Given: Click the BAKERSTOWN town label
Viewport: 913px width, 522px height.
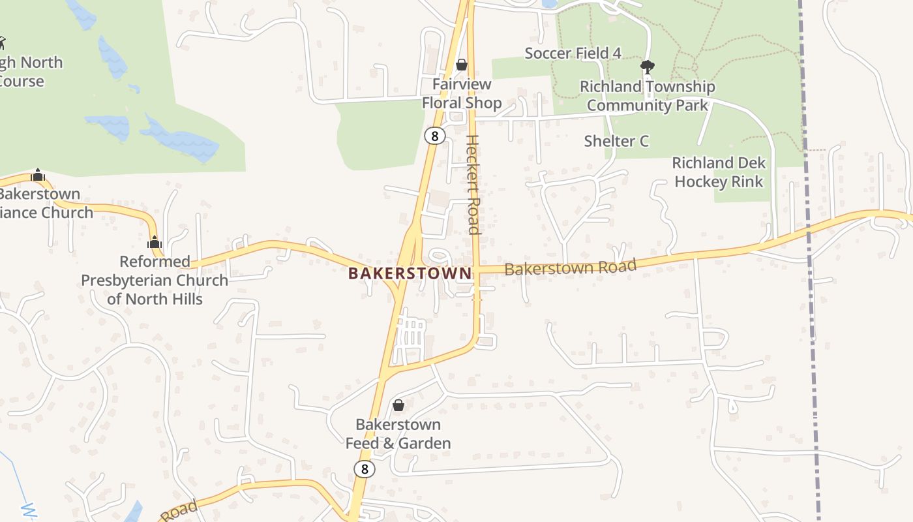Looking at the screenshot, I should tap(409, 273).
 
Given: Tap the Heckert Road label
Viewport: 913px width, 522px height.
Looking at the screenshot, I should tap(473, 185).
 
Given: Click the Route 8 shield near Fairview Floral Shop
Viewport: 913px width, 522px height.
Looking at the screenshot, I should tap(434, 136).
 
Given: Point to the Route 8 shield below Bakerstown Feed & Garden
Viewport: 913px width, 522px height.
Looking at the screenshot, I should tap(365, 468).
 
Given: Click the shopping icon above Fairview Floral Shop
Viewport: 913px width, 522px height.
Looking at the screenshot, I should tap(462, 65).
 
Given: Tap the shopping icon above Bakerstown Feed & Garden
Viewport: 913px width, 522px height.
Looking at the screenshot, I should tap(398, 406).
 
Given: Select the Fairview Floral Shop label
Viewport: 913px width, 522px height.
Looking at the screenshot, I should tap(462, 94).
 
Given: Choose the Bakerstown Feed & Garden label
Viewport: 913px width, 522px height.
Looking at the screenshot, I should tap(398, 434).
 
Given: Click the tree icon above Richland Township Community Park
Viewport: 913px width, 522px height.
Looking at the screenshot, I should tap(648, 66).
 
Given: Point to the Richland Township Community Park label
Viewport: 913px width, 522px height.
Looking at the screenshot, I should tap(648, 96).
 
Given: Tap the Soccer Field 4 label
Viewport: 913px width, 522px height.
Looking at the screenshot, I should tap(573, 54).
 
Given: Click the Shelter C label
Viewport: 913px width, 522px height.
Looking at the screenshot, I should tap(616, 141).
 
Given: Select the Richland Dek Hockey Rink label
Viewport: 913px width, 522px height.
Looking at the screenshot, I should tap(719, 172).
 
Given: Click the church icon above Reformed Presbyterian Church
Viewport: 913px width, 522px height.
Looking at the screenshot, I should tap(155, 243).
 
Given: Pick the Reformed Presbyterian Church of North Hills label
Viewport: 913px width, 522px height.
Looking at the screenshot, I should tap(155, 281).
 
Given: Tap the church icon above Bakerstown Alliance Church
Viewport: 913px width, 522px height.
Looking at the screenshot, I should tap(38, 175).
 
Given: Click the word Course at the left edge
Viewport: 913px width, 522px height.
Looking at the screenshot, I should tap(21, 82).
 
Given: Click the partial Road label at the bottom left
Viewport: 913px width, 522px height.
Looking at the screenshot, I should tap(177, 511).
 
